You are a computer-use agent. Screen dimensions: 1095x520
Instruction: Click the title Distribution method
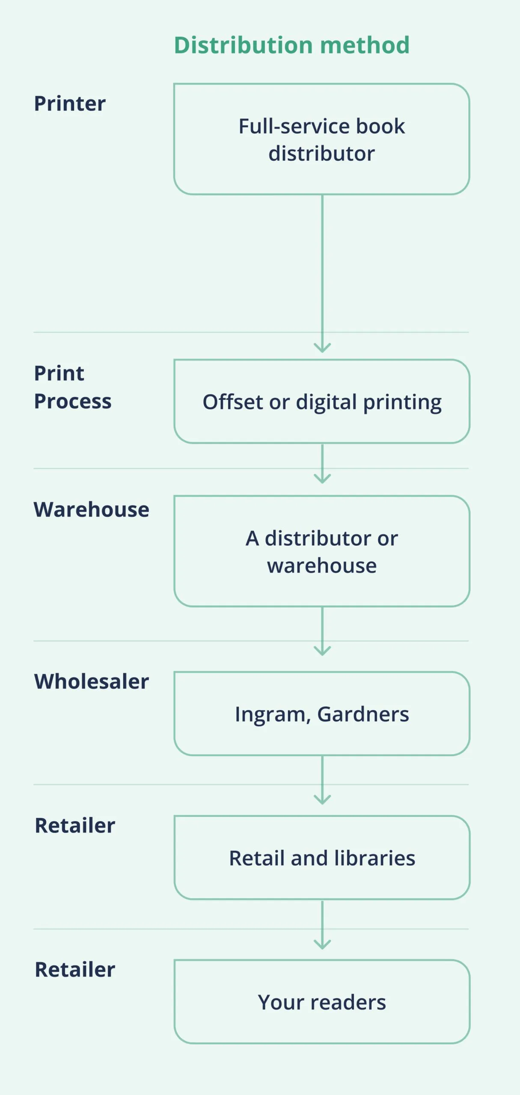click(x=291, y=45)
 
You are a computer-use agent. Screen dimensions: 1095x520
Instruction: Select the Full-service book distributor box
click(x=321, y=139)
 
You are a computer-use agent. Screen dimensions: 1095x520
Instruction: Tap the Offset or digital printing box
click(x=321, y=402)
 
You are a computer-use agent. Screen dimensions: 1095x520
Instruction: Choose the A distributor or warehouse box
click(x=321, y=551)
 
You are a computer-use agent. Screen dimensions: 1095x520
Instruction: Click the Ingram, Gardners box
click(x=321, y=714)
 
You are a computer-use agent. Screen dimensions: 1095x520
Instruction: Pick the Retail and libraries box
click(x=321, y=858)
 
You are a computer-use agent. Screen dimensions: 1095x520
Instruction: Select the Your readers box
click(x=321, y=1002)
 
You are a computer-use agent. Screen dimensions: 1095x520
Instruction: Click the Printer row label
click(x=70, y=104)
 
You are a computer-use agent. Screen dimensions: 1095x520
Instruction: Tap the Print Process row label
click(x=72, y=387)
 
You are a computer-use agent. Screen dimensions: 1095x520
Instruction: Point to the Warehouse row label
click(x=91, y=509)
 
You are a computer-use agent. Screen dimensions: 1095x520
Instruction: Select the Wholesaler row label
click(x=91, y=681)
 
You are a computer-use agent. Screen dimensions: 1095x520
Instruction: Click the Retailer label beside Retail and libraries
click(x=75, y=826)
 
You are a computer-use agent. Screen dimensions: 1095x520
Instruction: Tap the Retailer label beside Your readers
click(x=75, y=970)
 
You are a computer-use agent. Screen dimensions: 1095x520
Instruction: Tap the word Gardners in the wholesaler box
click(x=363, y=714)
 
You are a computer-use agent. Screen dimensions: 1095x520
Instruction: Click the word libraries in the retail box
click(x=374, y=858)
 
